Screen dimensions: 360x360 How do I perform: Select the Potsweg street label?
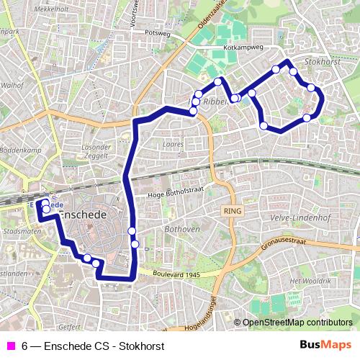(x=156, y=32)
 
